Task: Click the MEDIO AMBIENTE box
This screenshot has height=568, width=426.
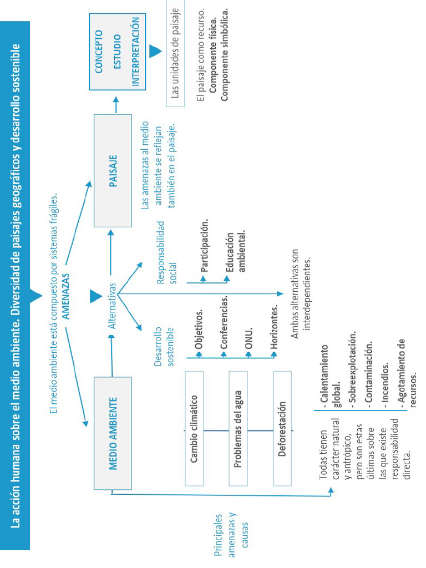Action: tap(113, 433)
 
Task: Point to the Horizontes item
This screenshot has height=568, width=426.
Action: tap(274, 329)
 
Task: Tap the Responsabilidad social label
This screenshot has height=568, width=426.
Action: tap(166, 252)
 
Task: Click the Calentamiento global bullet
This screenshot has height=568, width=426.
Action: tap(329, 377)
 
